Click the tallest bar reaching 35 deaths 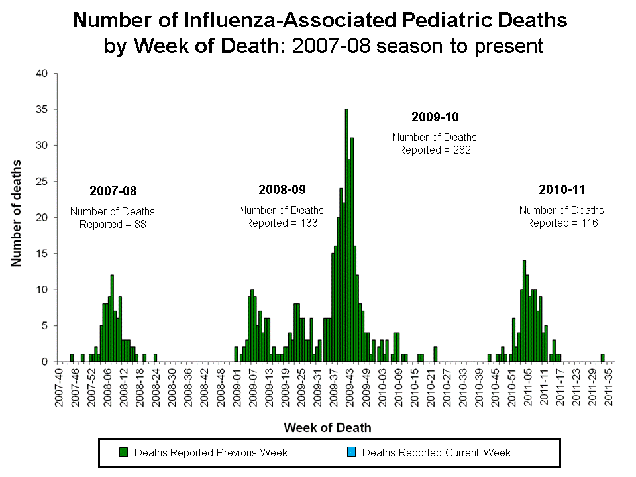tap(346, 235)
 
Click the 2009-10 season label tap(435, 117)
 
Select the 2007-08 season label tap(113, 191)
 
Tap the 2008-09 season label tap(282, 190)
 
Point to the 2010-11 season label tap(562, 190)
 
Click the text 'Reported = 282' tap(435, 150)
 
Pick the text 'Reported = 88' tap(113, 224)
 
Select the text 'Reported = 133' tap(282, 223)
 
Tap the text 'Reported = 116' tap(562, 223)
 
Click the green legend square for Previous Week tap(123, 452)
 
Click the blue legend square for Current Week tap(352, 452)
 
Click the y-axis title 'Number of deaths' tap(16, 213)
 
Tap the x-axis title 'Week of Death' tap(327, 427)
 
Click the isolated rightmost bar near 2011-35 tap(602, 358)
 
